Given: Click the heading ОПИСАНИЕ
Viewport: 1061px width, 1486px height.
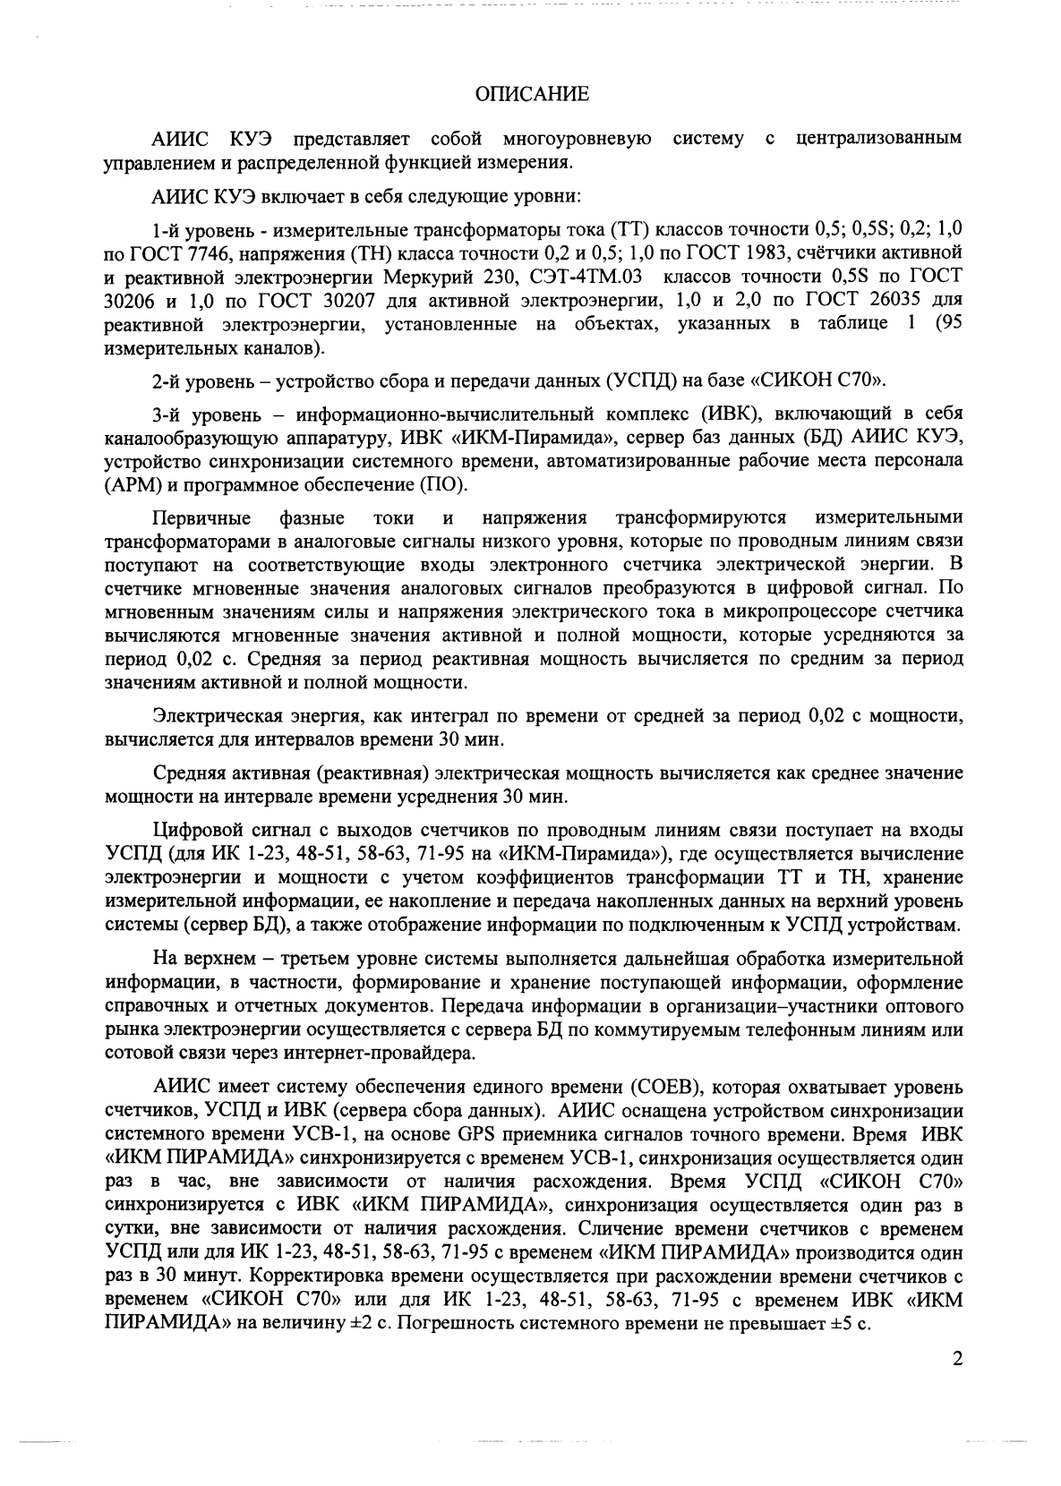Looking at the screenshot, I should (x=531, y=93).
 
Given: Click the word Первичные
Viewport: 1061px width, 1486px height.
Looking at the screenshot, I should (x=201, y=518).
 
